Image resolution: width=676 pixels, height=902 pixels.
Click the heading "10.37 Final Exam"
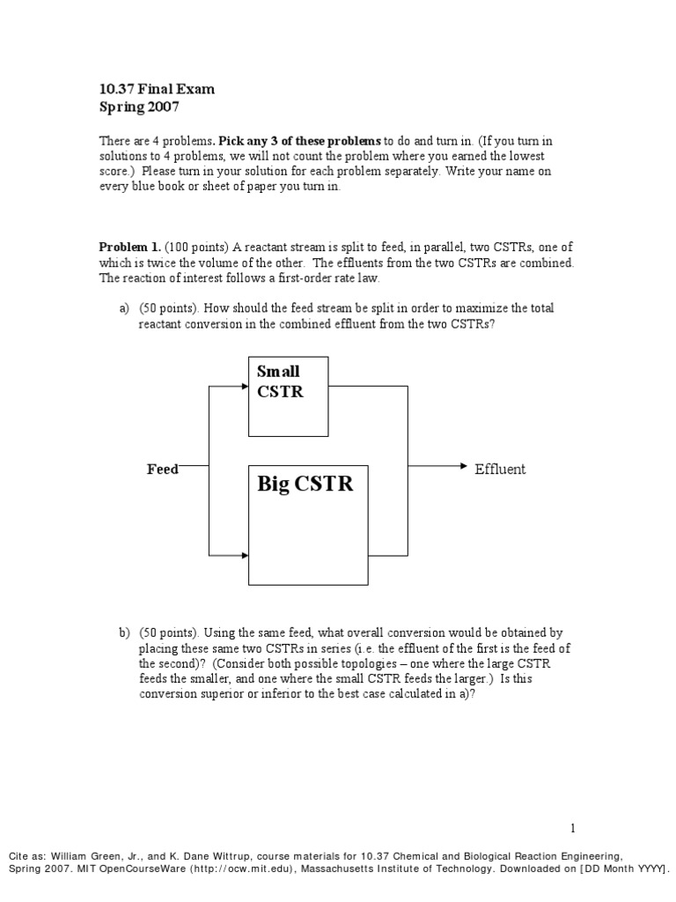point(156,89)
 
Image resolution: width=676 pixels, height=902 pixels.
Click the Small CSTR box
point(288,396)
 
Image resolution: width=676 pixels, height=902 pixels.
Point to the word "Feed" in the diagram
point(163,469)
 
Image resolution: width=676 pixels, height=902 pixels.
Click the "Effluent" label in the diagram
point(500,469)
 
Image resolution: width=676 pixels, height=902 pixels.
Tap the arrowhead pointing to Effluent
point(465,466)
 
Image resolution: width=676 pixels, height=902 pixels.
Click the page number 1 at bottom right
point(572,827)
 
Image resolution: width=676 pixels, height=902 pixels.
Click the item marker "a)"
point(124,307)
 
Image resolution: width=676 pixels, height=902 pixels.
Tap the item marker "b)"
point(124,633)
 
